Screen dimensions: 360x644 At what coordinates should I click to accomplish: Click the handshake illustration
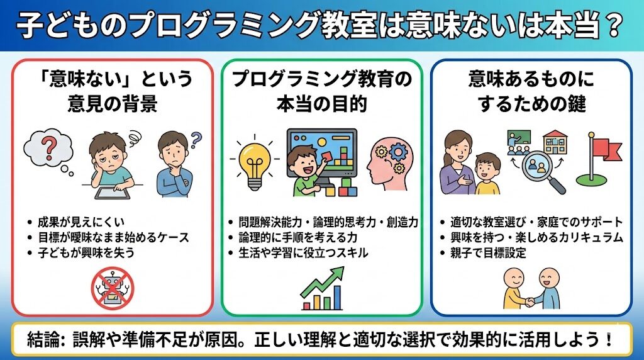(532, 289)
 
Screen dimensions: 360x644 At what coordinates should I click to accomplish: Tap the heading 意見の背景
(113, 103)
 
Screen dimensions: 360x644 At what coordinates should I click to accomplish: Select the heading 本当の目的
(321, 103)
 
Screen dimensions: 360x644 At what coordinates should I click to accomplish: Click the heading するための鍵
(531, 103)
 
